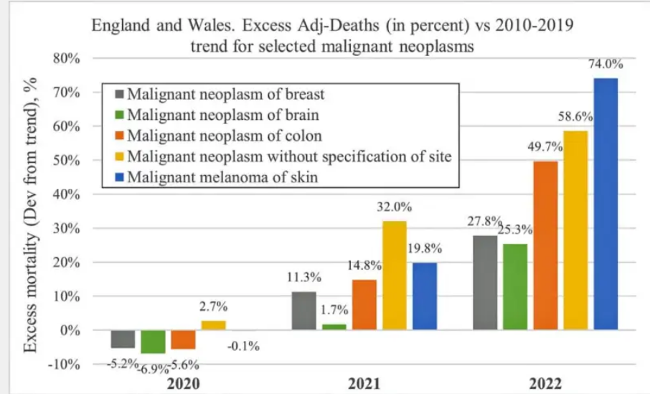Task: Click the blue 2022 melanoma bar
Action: [x=606, y=204]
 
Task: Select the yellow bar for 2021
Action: [x=394, y=276]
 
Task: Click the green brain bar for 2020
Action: [x=153, y=342]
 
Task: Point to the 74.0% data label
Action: [x=606, y=65]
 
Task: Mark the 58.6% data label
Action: [x=576, y=116]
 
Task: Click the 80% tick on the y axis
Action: [x=66, y=59]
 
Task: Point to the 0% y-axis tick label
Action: [x=70, y=331]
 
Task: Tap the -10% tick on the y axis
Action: [x=64, y=365]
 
